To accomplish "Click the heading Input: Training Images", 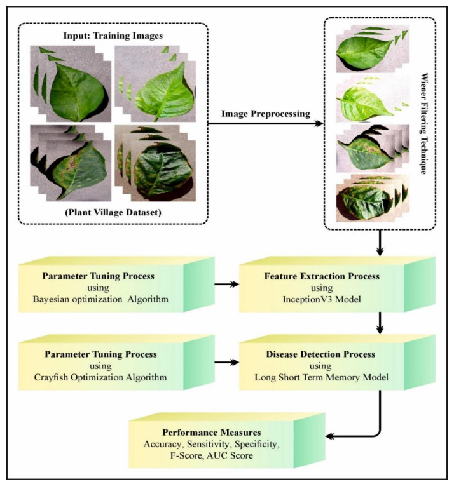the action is point(113,36).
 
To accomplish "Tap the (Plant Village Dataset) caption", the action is point(113,212).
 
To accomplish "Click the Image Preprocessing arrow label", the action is point(266,114).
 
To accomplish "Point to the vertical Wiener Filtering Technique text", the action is point(424,123).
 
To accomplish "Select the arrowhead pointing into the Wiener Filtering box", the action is point(319,124).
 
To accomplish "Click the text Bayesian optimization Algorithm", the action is point(100,299).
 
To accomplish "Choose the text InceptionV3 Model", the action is point(322,299).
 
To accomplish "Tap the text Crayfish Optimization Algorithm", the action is point(100,377).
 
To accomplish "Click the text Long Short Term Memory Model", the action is point(321,377).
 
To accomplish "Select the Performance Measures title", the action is point(212,433).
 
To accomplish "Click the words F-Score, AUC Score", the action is point(212,455).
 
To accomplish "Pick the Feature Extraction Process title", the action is point(322,276).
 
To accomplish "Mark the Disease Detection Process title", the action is point(321,354).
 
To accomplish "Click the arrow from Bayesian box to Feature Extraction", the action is point(227,284).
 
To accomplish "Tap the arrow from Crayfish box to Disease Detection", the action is point(227,362).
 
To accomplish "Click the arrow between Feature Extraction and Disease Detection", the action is point(380,323).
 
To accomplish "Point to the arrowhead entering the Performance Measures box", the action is point(330,436).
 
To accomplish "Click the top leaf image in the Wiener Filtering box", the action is point(373,49).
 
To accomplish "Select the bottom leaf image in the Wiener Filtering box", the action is point(373,198).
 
